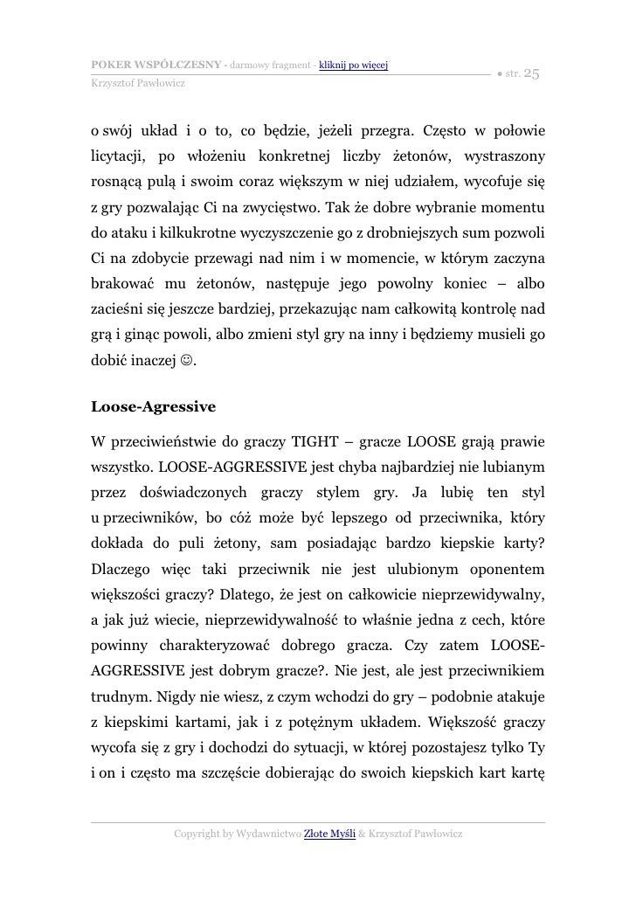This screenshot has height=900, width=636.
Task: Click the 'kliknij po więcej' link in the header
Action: click(354, 65)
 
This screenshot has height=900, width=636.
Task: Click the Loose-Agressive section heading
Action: click(153, 407)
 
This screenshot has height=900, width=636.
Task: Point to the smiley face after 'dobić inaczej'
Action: click(188, 358)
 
